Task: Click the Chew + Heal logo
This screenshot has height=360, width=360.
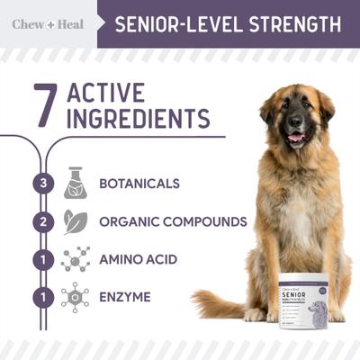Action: (x=48, y=24)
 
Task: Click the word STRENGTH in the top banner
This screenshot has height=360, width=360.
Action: (x=289, y=23)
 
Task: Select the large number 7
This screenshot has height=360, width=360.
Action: (x=45, y=106)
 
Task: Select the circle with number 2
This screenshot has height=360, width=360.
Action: (x=38, y=221)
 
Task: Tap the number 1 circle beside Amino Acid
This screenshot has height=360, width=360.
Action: (x=38, y=259)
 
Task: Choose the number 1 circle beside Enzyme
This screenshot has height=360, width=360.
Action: (x=38, y=296)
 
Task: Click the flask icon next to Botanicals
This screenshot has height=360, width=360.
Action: (x=76, y=183)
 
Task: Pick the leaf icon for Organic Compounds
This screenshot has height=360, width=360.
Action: (x=75, y=221)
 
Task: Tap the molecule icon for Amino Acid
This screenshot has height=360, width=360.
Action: (x=76, y=259)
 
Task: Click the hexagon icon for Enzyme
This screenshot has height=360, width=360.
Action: (x=76, y=296)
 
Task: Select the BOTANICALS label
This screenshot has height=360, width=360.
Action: (x=139, y=184)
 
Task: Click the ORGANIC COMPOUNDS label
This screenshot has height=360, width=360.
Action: (x=173, y=221)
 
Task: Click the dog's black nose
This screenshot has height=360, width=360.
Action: (x=295, y=121)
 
